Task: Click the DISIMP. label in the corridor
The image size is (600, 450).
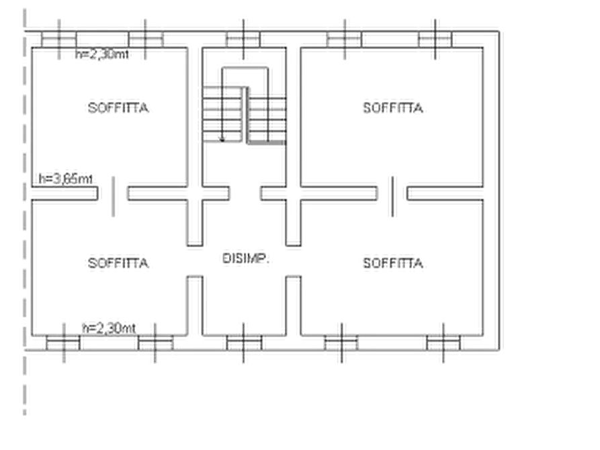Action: pyautogui.click(x=246, y=259)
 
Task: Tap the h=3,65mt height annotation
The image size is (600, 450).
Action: pyautogui.click(x=65, y=179)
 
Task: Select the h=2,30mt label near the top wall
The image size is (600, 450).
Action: pyautogui.click(x=102, y=54)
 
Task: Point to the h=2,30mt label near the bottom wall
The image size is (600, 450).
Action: pyautogui.click(x=109, y=328)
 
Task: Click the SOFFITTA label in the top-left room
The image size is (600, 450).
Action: pyautogui.click(x=118, y=108)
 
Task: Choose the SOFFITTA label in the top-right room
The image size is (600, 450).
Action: pyautogui.click(x=393, y=108)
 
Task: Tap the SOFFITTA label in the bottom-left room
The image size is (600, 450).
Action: pyautogui.click(x=118, y=263)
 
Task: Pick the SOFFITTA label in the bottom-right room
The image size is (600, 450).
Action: pyautogui.click(x=393, y=263)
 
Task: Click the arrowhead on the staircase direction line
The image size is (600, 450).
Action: pyautogui.click(x=222, y=138)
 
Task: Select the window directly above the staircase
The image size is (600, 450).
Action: pyautogui.click(x=243, y=40)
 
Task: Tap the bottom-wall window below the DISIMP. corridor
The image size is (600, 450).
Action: pyautogui.click(x=244, y=343)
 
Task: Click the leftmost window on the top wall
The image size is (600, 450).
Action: pyautogui.click(x=59, y=40)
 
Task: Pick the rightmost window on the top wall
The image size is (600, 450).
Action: pyautogui.click(x=435, y=40)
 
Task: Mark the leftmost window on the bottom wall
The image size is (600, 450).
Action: pyautogui.click(x=64, y=343)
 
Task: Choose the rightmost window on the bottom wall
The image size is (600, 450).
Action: pyautogui.click(x=443, y=343)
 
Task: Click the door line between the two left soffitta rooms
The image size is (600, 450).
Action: pyautogui.click(x=114, y=197)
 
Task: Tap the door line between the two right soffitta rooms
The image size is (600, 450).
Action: pyautogui.click(x=392, y=197)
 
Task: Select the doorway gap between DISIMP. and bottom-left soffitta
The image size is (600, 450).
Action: pyautogui.click(x=195, y=261)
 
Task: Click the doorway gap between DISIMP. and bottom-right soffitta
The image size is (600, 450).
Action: pyautogui.click(x=294, y=261)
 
